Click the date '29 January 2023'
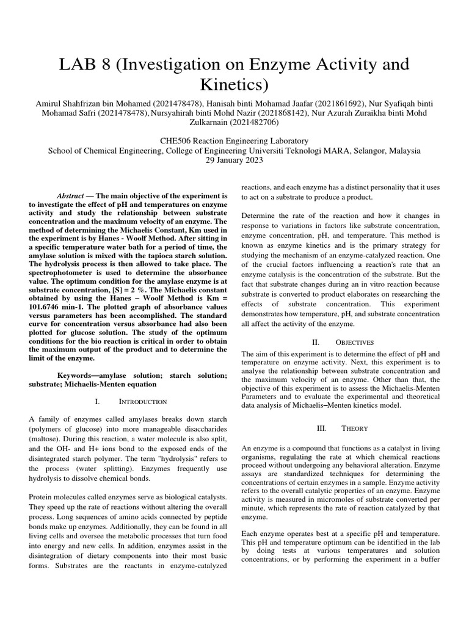234,160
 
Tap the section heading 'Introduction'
146,402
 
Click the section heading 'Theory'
355,428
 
